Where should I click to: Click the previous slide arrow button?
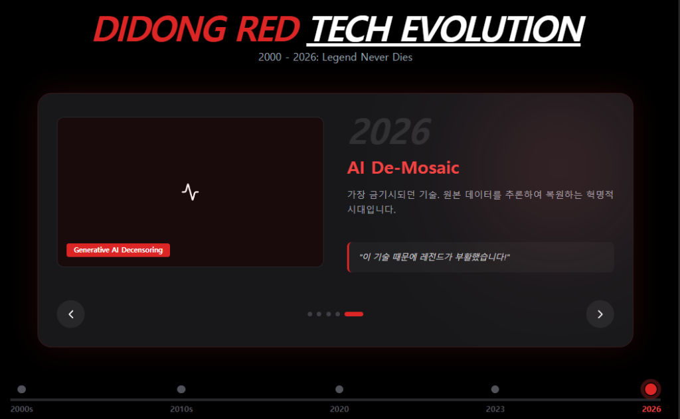click(70, 314)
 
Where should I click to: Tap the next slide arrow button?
click(600, 314)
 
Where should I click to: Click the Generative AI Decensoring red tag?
click(118, 250)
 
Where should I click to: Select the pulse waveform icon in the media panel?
click(191, 192)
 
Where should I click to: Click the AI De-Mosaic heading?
click(403, 168)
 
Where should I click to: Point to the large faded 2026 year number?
click(390, 131)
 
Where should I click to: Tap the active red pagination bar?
click(354, 314)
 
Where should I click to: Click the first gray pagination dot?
click(310, 314)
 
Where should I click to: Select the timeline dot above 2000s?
click(21, 389)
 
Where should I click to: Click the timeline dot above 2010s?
click(181, 389)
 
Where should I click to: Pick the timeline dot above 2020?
click(339, 389)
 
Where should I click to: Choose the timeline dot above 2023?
click(495, 389)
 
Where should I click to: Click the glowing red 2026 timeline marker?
click(651, 389)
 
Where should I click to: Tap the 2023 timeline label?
click(495, 409)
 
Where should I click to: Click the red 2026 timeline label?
click(651, 409)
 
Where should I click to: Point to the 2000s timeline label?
click(21, 409)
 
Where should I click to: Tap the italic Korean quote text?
click(434, 257)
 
